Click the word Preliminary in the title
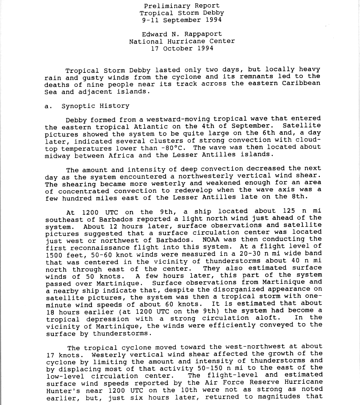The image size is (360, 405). pyautogui.click(x=163, y=6)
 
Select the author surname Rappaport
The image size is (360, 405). pyautogui.click(x=201, y=34)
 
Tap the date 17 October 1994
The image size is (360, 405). pyautogui.click(x=182, y=48)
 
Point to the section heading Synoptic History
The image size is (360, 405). pyautogui.click(x=95, y=106)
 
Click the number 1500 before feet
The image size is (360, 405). pyautogui.click(x=56, y=253)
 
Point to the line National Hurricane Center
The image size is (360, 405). pyautogui.click(x=182, y=42)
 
